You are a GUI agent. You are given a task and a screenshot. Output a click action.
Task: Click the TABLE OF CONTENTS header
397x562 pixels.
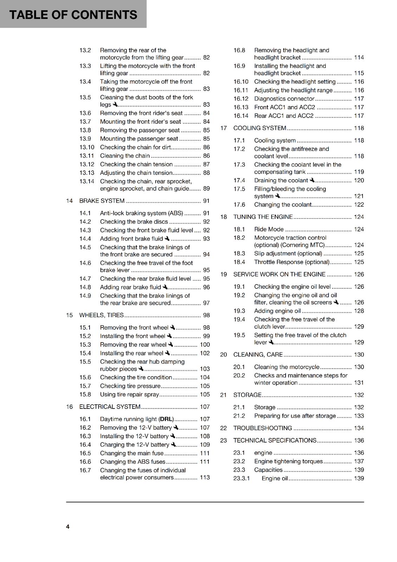click(73, 15)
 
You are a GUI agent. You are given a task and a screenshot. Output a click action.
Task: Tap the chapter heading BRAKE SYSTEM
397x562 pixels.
click(102, 201)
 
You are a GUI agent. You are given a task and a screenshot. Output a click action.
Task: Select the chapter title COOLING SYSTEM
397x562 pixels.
click(260, 128)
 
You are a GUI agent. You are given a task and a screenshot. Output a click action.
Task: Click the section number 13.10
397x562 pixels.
click(86, 148)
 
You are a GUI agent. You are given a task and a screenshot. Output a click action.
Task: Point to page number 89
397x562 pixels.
click(206, 189)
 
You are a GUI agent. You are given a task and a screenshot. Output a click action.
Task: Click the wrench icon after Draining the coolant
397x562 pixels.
click(312, 180)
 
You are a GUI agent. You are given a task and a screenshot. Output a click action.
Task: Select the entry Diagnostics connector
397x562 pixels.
click(284, 99)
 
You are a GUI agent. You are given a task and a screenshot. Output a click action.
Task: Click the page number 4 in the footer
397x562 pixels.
click(68, 527)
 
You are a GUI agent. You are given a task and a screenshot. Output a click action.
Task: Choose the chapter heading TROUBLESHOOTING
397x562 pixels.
click(262, 428)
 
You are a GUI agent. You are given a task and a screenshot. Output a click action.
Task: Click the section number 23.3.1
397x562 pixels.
click(241, 478)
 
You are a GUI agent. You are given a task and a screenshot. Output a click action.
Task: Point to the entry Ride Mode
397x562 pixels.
click(269, 229)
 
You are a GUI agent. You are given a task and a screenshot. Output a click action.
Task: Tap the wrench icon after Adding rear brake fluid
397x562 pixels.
click(165, 287)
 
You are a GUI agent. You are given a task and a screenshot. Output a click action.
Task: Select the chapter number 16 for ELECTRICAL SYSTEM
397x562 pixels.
click(69, 407)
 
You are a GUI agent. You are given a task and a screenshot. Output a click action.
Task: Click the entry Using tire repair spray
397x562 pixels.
click(129, 394)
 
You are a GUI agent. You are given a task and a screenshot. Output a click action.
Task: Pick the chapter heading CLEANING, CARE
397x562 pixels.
click(258, 355)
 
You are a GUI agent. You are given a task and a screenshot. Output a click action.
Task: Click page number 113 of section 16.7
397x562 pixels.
click(204, 478)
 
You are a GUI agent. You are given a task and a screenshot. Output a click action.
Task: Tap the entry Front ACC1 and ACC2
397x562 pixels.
click(285, 107)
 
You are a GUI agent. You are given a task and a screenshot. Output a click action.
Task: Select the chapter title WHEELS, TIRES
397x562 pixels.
click(102, 315)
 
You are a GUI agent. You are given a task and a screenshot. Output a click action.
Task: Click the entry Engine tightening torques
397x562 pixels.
click(288, 462)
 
